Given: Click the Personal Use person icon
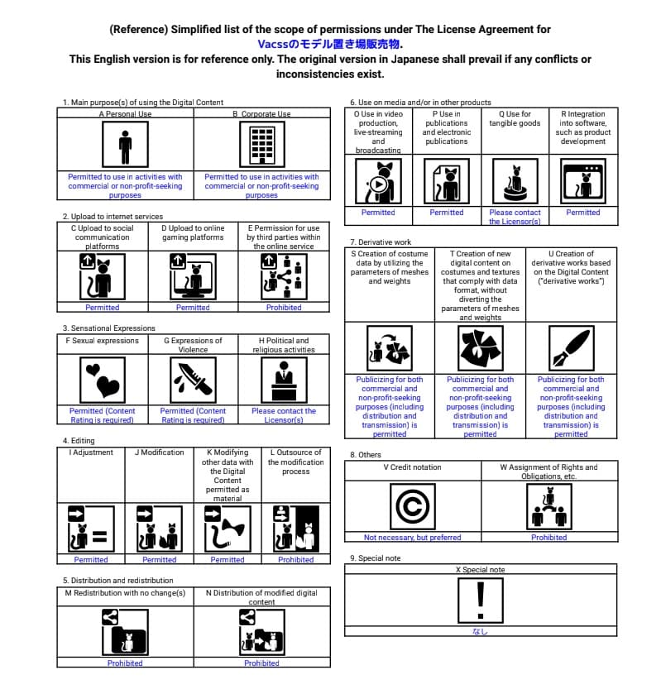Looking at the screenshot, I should point(125,146).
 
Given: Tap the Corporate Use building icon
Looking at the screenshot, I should point(261,146).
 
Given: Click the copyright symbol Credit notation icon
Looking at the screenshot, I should point(413,506).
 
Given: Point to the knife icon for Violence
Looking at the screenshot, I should point(193,379).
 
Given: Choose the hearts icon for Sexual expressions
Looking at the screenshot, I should point(103,379).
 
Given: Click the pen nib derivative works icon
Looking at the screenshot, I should point(572,347).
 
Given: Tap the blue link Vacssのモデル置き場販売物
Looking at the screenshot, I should point(330,44).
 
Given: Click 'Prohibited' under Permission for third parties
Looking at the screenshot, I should point(284,308).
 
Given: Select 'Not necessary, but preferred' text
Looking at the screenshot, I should point(413,538).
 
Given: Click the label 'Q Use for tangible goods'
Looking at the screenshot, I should point(515,119).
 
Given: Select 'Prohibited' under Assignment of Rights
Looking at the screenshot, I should point(549,538).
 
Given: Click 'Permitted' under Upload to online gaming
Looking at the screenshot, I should point(193,308).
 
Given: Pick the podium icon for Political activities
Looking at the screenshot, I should point(284,379).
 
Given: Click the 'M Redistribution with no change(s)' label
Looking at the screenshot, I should point(125,592).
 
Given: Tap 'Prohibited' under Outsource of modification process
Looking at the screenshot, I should point(296,560).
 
